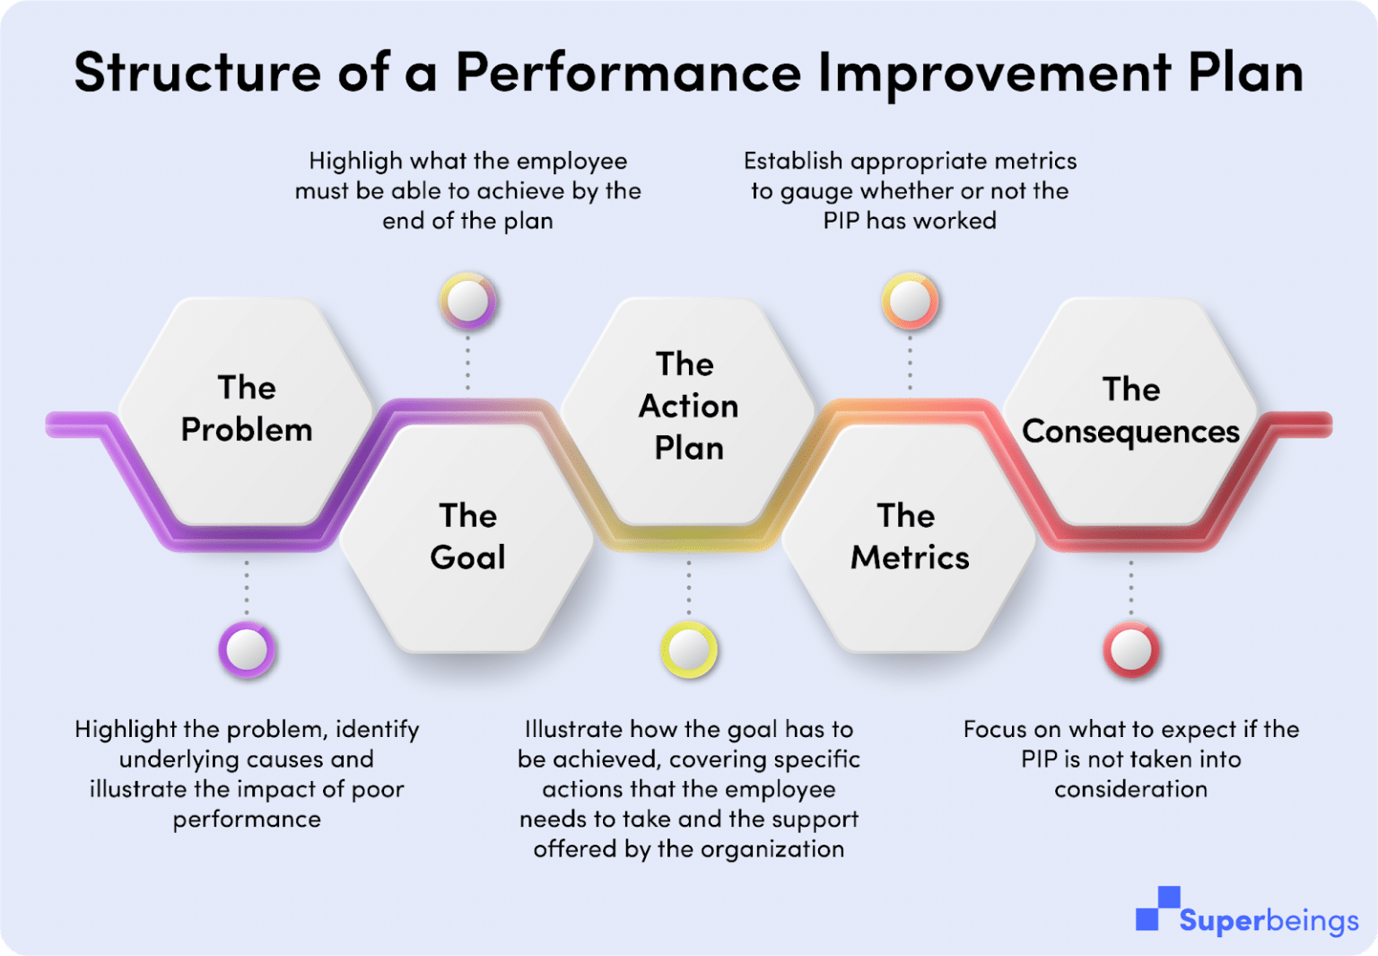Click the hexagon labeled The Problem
[246, 409]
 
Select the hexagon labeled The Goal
[467, 537]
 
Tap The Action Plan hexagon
[688, 407]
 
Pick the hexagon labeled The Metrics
[909, 537]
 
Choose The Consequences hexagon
[1130, 411]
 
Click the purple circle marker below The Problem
[247, 649]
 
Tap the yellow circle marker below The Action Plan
[689, 649]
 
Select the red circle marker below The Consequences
[1130, 649]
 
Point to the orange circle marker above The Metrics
[910, 302]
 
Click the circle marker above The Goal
[467, 302]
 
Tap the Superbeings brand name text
[1269, 921]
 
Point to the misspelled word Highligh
[355, 162]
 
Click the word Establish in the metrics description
[793, 162]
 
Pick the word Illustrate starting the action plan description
[573, 729]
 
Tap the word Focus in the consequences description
[997, 729]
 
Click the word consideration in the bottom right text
[1130, 789]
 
